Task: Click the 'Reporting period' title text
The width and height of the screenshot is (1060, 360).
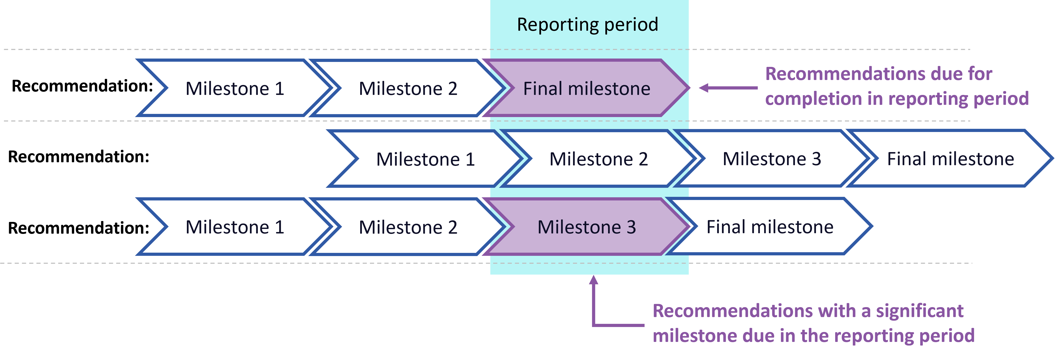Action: pos(588,25)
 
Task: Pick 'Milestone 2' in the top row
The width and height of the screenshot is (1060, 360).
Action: pos(408,88)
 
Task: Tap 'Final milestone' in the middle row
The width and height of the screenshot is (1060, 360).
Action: pos(951,159)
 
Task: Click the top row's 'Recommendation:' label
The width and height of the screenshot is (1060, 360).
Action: pos(82,86)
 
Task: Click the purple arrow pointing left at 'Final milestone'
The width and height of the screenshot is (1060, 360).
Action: pos(728,88)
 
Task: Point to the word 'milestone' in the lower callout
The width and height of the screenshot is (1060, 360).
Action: pos(695,336)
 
